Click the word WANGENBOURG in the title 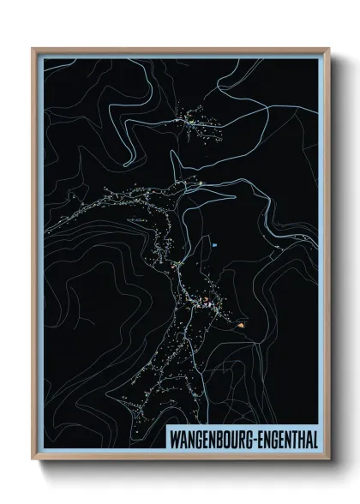tap(207, 440)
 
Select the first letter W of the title tap(170, 440)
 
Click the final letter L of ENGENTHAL tap(314, 440)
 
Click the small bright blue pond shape tap(215, 247)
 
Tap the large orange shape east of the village tap(245, 325)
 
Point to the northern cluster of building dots tap(195, 122)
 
